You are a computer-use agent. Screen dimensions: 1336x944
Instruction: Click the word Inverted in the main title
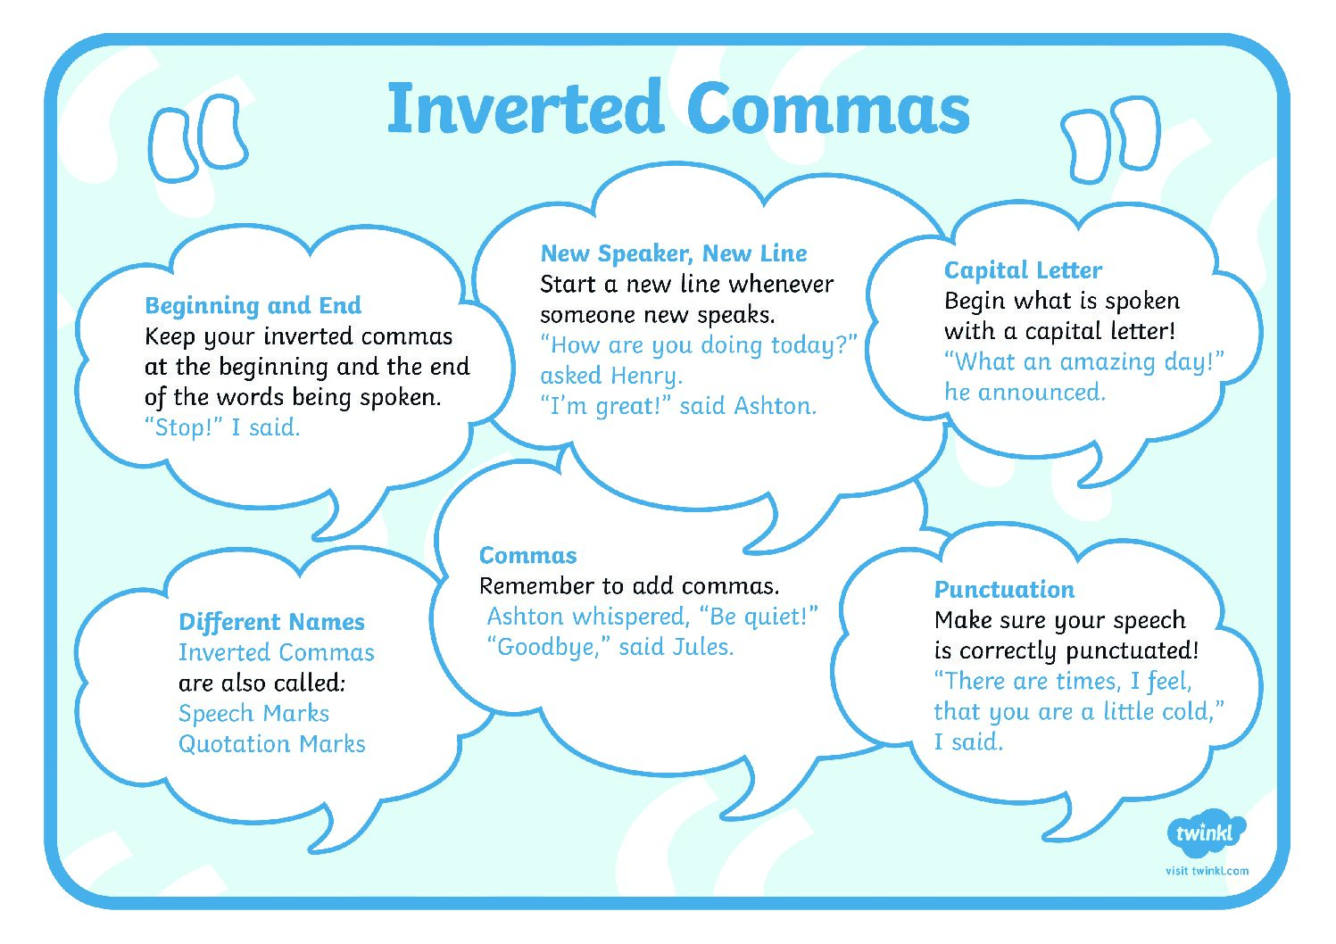pyautogui.click(x=526, y=108)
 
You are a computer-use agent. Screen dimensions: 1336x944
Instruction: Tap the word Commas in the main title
pyautogui.click(x=828, y=108)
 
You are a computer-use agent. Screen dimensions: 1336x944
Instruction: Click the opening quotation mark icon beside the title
pyautogui.click(x=198, y=137)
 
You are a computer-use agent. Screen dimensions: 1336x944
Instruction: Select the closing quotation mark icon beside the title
pyautogui.click(x=1110, y=139)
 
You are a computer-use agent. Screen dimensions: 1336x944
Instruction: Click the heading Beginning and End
pyautogui.click(x=253, y=305)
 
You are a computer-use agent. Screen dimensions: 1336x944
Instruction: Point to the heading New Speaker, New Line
pyautogui.click(x=674, y=253)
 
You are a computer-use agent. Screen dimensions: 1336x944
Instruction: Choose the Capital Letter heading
pyautogui.click(x=1023, y=270)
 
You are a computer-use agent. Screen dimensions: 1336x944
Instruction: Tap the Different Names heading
pyautogui.click(x=271, y=622)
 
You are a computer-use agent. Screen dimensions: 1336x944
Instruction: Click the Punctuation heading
pyautogui.click(x=1004, y=589)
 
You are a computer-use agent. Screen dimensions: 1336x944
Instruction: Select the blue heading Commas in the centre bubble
pyautogui.click(x=527, y=556)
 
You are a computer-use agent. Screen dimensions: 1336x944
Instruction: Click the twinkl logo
pyautogui.click(x=1206, y=832)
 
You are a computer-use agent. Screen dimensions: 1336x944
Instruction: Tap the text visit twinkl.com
pyautogui.click(x=1207, y=871)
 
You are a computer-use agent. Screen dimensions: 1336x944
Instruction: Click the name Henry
pyautogui.click(x=647, y=377)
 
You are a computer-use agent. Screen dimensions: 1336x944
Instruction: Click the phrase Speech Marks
pyautogui.click(x=254, y=713)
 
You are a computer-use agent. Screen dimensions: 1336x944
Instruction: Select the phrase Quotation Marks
pyautogui.click(x=272, y=744)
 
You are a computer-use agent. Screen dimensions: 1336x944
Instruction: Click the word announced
pyautogui.click(x=1041, y=393)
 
